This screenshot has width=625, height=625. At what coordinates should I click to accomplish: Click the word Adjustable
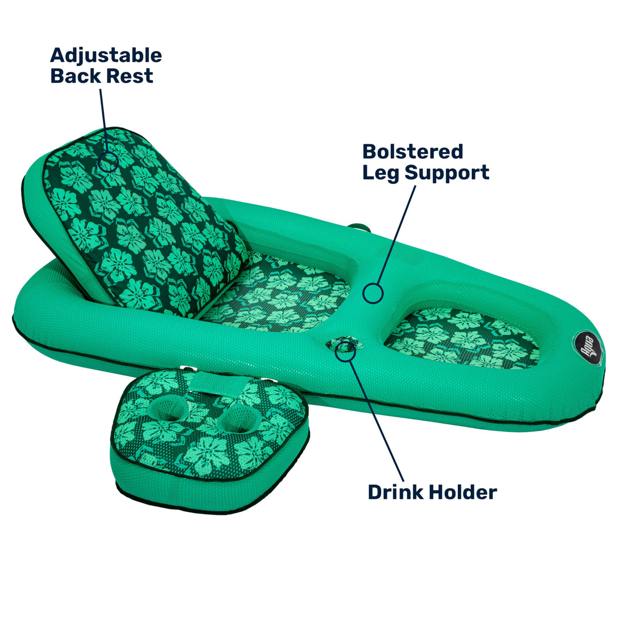point(106,56)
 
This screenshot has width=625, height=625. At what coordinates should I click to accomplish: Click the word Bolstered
point(413,152)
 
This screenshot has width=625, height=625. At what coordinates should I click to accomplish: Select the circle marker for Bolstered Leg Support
point(373,293)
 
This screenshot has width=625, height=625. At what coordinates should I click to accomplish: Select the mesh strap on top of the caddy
point(213,382)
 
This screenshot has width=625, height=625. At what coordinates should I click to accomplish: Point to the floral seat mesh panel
point(276,294)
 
